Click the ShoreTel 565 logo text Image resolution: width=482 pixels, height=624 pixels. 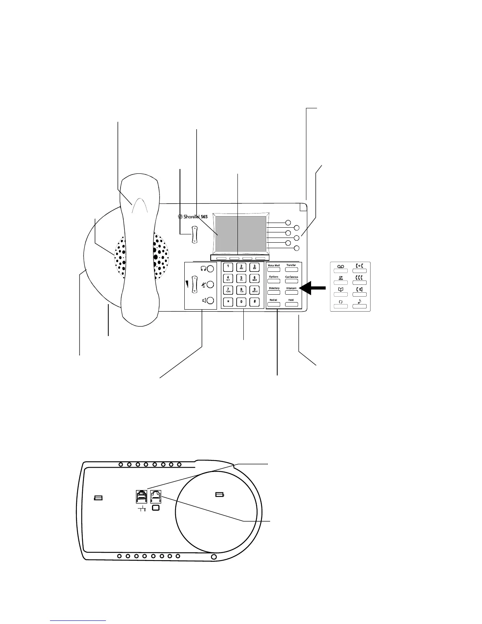(x=193, y=217)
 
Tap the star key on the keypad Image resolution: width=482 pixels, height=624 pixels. (x=228, y=302)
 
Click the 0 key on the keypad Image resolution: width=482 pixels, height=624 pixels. (x=241, y=302)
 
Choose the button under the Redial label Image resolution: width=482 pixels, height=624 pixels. (x=274, y=305)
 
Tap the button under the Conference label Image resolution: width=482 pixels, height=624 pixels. (x=291, y=282)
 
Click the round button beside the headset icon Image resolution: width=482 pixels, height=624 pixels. (x=211, y=269)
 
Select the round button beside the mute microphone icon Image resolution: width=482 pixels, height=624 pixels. (x=211, y=284)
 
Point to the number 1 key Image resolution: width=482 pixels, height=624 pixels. (x=228, y=267)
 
